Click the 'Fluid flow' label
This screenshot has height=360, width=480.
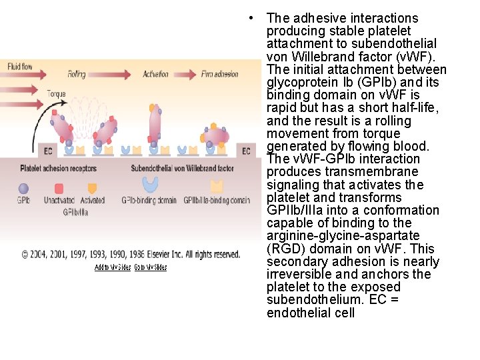coord(20,66)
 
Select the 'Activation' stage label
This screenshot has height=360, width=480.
coord(156,74)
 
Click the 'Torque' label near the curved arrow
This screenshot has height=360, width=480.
coord(56,94)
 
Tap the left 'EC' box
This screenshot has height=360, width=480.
coord(47,151)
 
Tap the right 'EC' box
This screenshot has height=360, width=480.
coord(246,151)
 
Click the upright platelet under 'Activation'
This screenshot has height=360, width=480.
coord(155,124)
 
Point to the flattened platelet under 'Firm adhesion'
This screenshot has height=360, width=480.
coord(217,136)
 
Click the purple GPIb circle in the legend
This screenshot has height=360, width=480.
coord(23,188)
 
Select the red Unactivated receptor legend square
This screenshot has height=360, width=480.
coord(59,188)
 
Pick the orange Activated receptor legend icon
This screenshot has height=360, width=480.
coord(92,188)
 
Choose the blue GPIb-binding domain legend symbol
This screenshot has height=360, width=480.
coord(149,185)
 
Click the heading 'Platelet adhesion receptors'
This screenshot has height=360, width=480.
coord(58,169)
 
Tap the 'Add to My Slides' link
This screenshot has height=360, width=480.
coord(113,267)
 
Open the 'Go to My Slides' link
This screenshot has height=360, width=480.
coord(150,267)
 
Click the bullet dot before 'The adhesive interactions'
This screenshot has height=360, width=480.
coord(248,18)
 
